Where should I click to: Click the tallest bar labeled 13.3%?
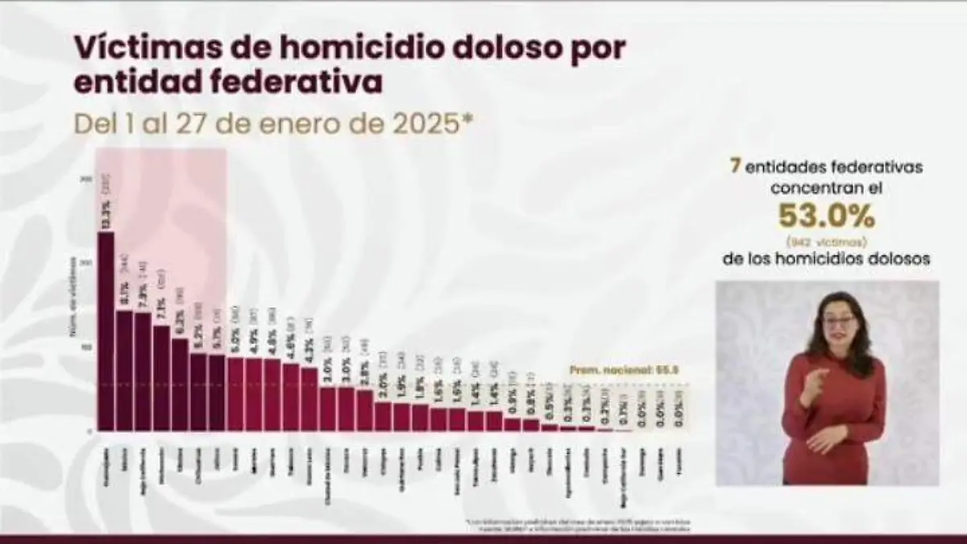tap(106, 330)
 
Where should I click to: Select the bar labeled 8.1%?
tap(124, 370)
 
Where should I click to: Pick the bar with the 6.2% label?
tap(180, 384)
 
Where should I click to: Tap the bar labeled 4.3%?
tap(309, 398)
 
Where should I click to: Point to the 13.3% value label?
tap(106, 218)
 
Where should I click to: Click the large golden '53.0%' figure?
tap(826, 216)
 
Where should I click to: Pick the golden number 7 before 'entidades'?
tap(734, 167)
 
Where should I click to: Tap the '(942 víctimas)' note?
tap(826, 241)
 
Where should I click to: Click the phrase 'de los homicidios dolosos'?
tap(826, 260)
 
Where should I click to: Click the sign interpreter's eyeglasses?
tap(839, 322)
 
